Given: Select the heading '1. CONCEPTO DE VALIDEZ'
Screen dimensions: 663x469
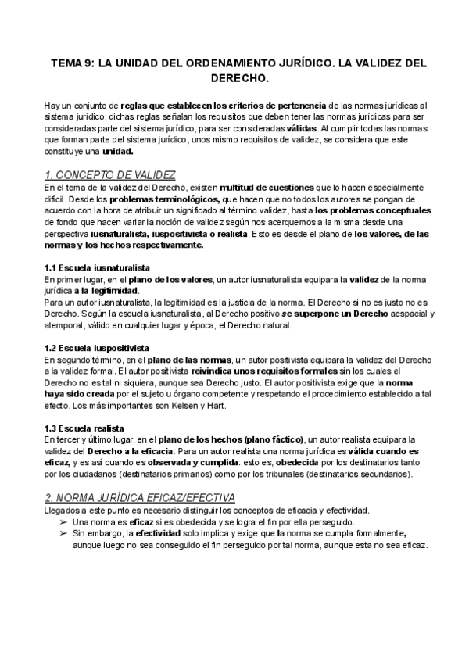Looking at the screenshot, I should click(x=109, y=174).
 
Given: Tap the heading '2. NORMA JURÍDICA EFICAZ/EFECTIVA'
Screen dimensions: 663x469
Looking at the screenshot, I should click(x=138, y=497).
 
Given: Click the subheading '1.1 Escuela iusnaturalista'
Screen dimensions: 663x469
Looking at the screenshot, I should click(x=97, y=267).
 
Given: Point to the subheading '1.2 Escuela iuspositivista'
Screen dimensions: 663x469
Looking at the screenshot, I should click(x=97, y=347).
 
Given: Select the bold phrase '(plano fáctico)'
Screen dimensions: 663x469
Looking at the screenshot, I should click(x=269, y=440).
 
